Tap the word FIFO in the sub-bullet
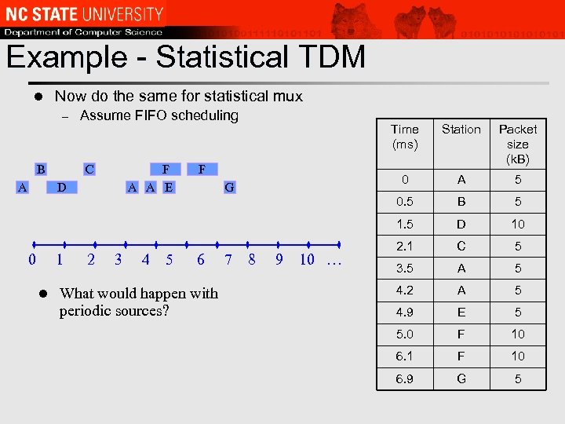click(145, 116)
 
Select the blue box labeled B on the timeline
click(40, 169)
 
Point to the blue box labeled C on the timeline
click(89, 169)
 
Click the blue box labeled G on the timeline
click(229, 187)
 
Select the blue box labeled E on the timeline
click(169, 187)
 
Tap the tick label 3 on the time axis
click(118, 260)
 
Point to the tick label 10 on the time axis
click(307, 260)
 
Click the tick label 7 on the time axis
click(228, 260)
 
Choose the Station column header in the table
click(461, 130)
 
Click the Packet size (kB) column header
click(518, 144)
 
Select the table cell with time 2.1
click(405, 247)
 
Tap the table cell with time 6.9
click(405, 378)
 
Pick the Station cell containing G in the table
click(461, 378)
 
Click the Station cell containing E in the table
click(461, 313)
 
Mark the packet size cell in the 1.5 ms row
click(518, 225)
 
